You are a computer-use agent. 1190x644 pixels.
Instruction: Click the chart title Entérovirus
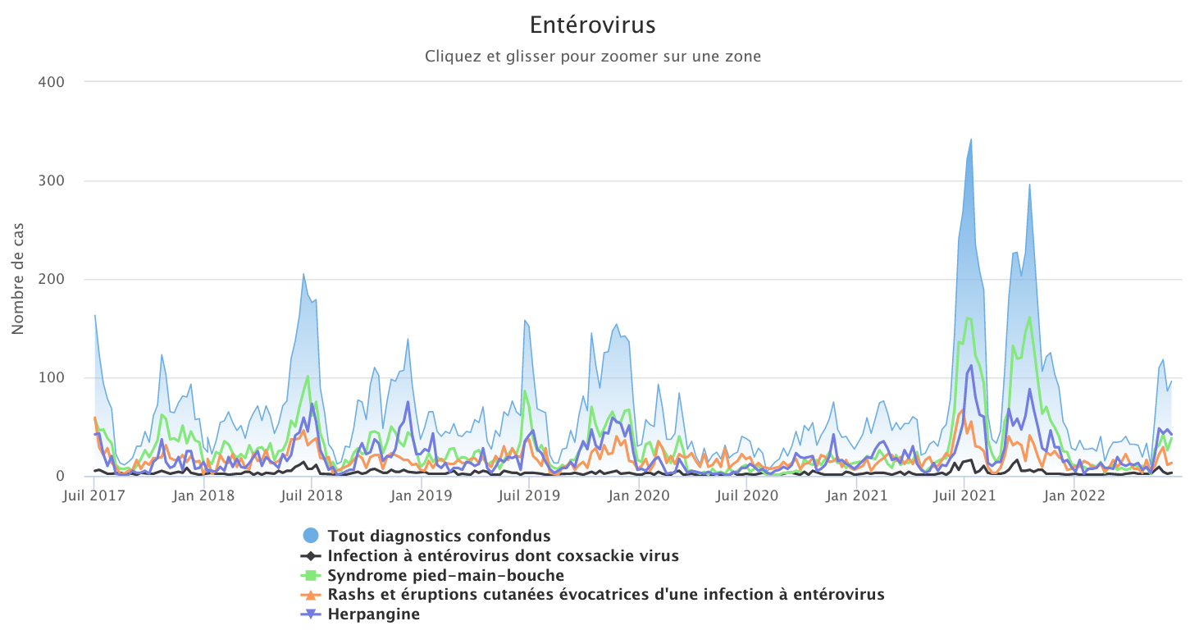[593, 25]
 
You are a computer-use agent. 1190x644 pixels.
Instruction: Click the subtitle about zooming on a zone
[593, 57]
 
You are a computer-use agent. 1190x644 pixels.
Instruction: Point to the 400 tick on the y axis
[51, 82]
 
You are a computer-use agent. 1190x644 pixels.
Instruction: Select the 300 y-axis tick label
[51, 180]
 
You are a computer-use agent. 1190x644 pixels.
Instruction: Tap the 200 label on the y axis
[51, 279]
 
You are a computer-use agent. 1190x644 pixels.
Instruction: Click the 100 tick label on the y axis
[51, 377]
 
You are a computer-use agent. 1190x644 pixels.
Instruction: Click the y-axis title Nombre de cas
[17, 279]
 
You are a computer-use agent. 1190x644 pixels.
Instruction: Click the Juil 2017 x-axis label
[95, 495]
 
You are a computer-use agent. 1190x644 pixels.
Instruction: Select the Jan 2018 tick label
[204, 495]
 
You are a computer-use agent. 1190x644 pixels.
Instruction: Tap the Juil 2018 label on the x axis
[312, 495]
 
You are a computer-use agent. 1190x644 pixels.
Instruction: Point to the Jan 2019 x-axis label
[421, 495]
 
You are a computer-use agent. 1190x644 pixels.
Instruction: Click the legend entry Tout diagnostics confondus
[439, 536]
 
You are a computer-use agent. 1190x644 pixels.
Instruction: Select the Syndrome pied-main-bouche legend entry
[445, 575]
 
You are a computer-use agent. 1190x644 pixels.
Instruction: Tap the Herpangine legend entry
[373, 614]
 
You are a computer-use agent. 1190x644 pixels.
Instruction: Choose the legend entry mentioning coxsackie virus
[503, 555]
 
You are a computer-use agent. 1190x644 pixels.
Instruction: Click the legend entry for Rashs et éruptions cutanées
[605, 595]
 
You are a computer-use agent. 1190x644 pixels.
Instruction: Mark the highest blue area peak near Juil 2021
[971, 139]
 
